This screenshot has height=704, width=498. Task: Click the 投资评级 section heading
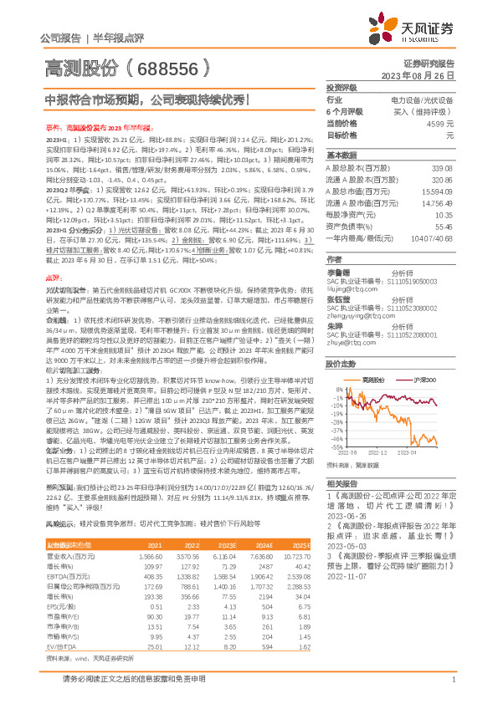tap(341, 87)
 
